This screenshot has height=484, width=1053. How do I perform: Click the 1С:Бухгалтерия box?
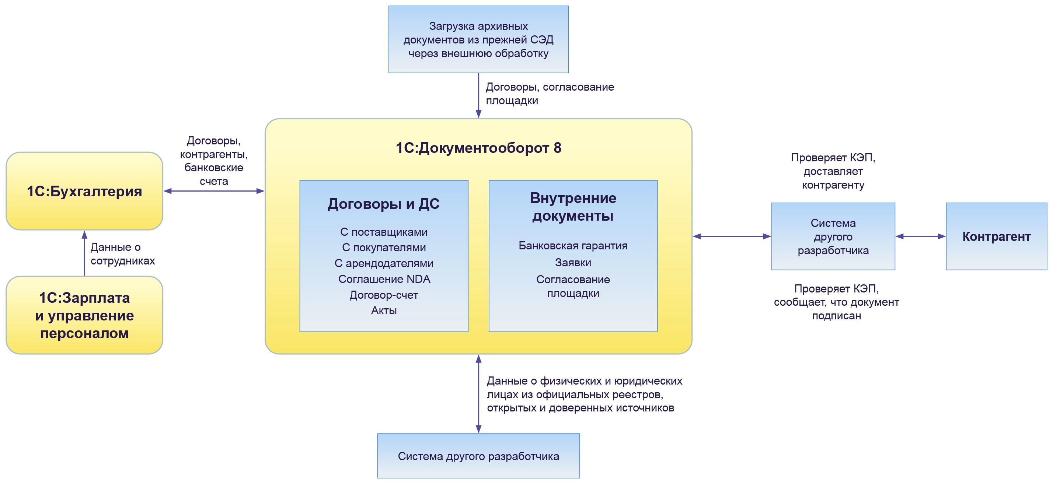pos(84,191)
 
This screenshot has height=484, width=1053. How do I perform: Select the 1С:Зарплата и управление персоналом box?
pos(84,315)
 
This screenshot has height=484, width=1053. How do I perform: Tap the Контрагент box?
pos(996,236)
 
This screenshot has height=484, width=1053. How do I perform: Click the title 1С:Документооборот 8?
pos(478,148)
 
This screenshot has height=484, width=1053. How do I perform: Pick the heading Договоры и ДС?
pos(383,203)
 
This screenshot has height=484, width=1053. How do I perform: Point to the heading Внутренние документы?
pos(573,207)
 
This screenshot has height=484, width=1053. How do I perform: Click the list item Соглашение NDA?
pos(384,279)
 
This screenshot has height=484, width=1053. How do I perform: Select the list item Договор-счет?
pos(383,295)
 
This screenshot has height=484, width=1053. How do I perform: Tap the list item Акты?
pos(383,311)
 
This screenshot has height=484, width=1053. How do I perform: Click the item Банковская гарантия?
pos(573,245)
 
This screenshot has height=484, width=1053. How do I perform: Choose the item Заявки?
pos(573,263)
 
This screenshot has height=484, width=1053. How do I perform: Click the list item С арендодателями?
pos(383,263)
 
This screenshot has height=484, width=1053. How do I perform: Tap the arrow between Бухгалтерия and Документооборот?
pos(214,191)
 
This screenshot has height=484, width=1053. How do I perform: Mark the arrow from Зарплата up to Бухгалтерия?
pos(84,253)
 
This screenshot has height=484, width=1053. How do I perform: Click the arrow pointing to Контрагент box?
pos(920,236)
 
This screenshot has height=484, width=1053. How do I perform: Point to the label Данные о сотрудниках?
pos(122,254)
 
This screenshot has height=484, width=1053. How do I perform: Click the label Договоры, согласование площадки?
pos(550,94)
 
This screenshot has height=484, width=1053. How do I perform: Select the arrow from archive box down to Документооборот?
pos(478,95)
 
